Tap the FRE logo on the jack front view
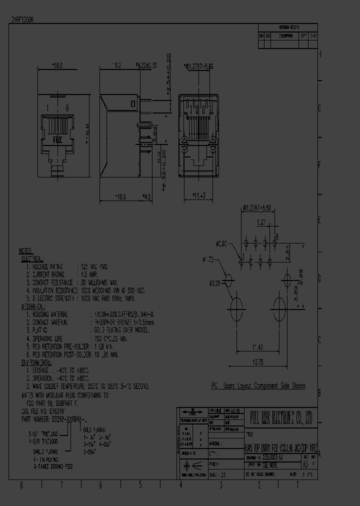click(x=57, y=141)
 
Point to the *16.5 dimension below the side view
click(x=120, y=197)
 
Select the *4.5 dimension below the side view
click(x=146, y=197)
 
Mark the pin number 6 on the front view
click(x=66, y=108)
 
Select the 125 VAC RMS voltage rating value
click(x=94, y=267)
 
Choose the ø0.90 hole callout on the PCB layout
click(x=222, y=244)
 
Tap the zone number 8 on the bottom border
click(x=21, y=484)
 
